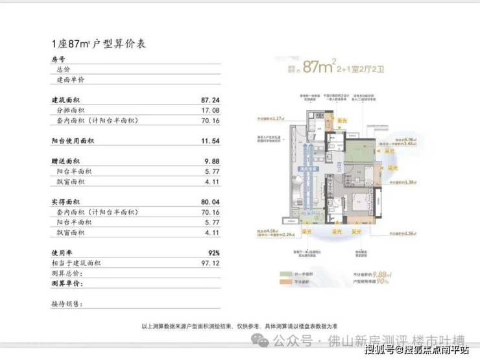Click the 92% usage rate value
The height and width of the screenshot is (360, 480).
(x=213, y=252)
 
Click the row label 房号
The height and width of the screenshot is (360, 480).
(x=58, y=59)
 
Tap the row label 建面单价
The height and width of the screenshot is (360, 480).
(x=71, y=80)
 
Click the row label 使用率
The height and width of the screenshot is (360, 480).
(x=62, y=252)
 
